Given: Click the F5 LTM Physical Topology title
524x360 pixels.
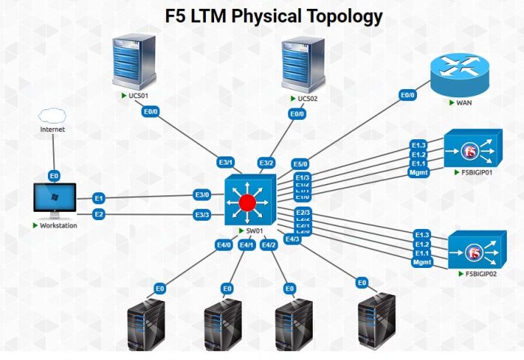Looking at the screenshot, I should [x=273, y=16].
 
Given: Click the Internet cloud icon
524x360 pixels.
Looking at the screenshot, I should [x=52, y=115].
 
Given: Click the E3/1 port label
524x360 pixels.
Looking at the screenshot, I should [x=226, y=162].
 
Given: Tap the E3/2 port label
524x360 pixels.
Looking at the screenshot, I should [x=266, y=162].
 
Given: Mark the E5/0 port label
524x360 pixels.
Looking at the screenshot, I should [x=300, y=164].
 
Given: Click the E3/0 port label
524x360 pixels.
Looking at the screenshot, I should [x=202, y=195].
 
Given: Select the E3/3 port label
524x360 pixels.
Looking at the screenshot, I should [x=202, y=215].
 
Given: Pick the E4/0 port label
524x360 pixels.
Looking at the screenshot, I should [x=224, y=245].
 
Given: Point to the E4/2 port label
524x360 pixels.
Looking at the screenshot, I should [x=269, y=245].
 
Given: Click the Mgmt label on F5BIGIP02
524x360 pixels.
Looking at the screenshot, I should [x=422, y=263].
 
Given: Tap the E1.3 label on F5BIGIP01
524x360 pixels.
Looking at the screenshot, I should [x=418, y=144].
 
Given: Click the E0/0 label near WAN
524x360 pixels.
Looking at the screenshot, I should [x=407, y=95].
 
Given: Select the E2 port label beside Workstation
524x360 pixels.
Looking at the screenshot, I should [x=98, y=215].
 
